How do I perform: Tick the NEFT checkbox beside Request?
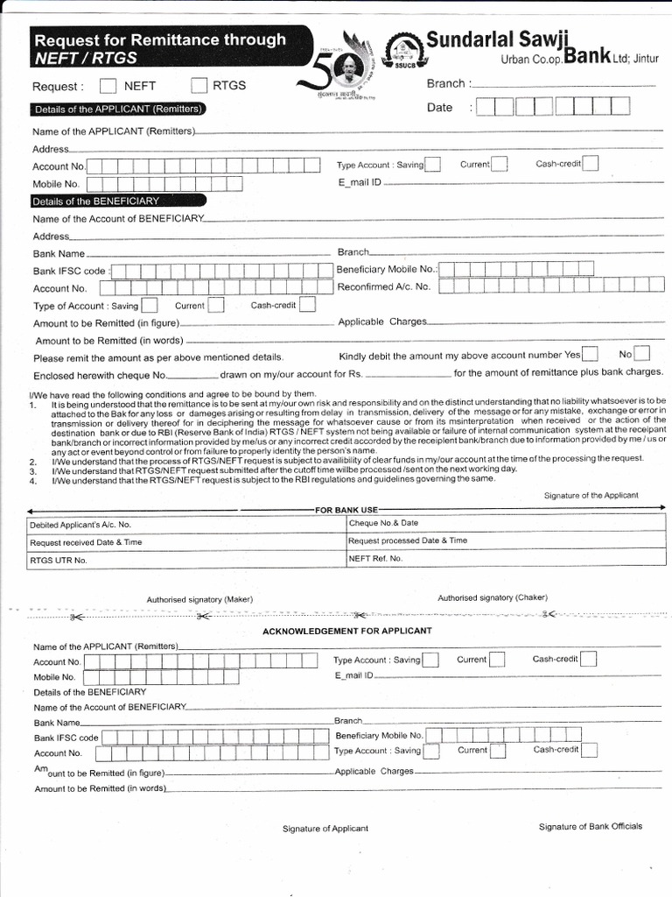108,86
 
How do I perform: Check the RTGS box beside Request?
199,86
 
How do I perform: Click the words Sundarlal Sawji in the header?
498,39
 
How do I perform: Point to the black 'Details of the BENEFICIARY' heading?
96,201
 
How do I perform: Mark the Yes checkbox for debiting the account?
591,354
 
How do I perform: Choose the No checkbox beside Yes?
642,354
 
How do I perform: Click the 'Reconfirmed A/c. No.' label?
384,286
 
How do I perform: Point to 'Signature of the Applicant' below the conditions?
591,496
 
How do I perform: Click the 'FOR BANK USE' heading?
346,510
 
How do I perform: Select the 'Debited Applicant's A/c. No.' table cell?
80,525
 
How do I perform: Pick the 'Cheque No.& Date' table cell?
383,523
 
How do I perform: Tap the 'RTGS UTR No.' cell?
59,560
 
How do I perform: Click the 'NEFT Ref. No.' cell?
375,558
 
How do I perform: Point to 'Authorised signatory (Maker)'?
199,599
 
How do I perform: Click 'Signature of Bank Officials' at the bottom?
591,826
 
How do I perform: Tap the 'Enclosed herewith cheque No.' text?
99,374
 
